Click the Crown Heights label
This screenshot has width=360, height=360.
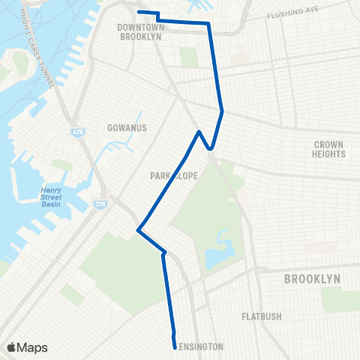(328, 149)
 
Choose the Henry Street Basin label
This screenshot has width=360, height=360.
(52, 199)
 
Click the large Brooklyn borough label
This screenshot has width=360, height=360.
(312, 279)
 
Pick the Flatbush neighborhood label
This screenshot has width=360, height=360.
(262, 316)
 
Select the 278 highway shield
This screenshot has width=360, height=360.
(100, 203)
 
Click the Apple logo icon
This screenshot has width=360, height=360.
(12, 347)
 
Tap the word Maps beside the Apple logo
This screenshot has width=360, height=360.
(33, 347)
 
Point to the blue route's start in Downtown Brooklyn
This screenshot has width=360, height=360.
(138, 12)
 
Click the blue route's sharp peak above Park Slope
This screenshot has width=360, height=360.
(199, 132)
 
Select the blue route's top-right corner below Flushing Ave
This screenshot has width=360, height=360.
(208, 24)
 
